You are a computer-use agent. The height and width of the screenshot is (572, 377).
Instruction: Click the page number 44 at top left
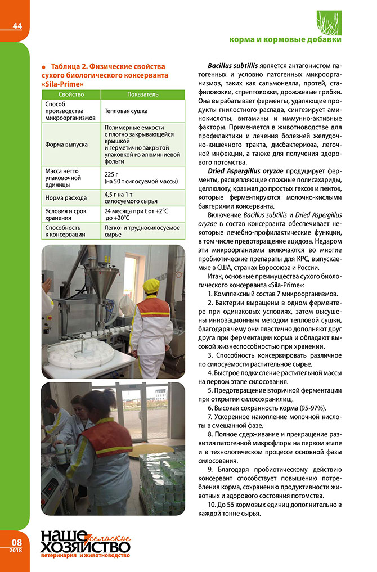16,26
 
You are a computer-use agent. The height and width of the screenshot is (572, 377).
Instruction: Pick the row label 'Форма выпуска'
66,144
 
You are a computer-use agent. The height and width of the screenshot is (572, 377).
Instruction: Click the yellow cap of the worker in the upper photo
150,286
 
